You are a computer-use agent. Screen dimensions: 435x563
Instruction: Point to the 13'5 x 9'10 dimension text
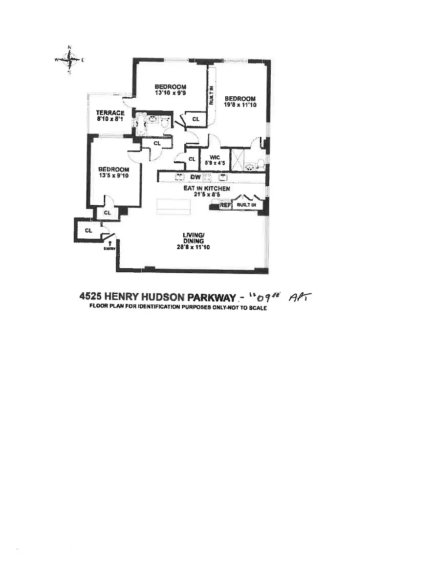pyautogui.click(x=113, y=176)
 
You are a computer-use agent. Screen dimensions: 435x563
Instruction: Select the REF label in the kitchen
pyautogui.click(x=225, y=205)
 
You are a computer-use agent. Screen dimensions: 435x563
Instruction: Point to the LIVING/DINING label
pyautogui.click(x=190, y=238)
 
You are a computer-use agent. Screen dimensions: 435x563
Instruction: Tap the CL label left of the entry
pyautogui.click(x=88, y=230)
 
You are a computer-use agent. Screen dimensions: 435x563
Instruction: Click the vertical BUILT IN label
pyautogui.click(x=211, y=96)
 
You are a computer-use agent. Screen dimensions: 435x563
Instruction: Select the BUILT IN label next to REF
pyautogui.click(x=246, y=205)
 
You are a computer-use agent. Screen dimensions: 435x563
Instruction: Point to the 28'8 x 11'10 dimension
pyautogui.click(x=190, y=247)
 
